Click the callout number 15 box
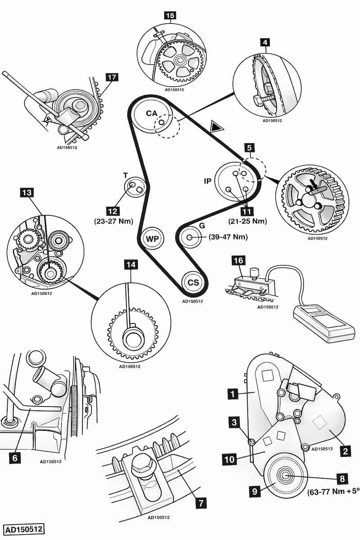point(170,16)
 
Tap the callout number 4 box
point(265,43)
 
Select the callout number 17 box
point(112,77)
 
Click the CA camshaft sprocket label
point(152,113)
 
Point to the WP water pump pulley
point(153,238)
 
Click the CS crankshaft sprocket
point(193,283)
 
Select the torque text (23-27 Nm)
point(113,221)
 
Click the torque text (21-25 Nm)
point(247,221)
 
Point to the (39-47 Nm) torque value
point(228,237)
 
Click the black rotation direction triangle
point(216,127)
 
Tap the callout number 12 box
point(113,211)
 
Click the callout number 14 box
point(131,265)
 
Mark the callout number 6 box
point(15,458)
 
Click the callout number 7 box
point(201,503)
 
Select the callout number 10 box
point(229,459)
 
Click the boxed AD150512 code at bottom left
point(24,529)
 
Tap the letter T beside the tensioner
point(126,175)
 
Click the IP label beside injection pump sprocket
point(207,181)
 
